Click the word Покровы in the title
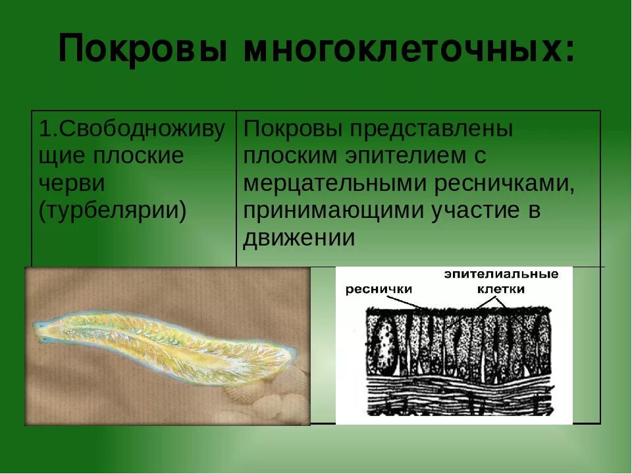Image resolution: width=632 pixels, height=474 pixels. click(144, 50)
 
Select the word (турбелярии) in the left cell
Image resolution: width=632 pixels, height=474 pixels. click(113, 210)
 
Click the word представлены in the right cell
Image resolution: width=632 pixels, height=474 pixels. click(431, 129)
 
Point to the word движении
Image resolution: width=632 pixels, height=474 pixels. click(299, 238)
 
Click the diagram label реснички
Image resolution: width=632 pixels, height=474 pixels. click(379, 288)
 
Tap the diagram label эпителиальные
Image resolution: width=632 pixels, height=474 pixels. click(500, 274)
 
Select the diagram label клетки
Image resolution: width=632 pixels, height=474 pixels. click(501, 289)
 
